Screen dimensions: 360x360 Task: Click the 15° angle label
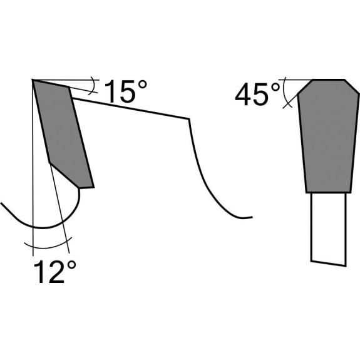click(x=125, y=91)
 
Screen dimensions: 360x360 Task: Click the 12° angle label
click(x=54, y=272)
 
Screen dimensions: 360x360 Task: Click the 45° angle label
click(x=257, y=94)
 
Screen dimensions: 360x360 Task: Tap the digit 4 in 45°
click(x=243, y=95)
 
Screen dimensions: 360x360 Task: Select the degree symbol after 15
click(x=142, y=85)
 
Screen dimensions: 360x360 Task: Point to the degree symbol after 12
click(x=71, y=265)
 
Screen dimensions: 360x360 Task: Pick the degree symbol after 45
click(x=275, y=87)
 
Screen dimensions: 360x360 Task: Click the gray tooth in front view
click(x=329, y=136)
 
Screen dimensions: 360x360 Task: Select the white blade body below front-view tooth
click(x=328, y=229)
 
